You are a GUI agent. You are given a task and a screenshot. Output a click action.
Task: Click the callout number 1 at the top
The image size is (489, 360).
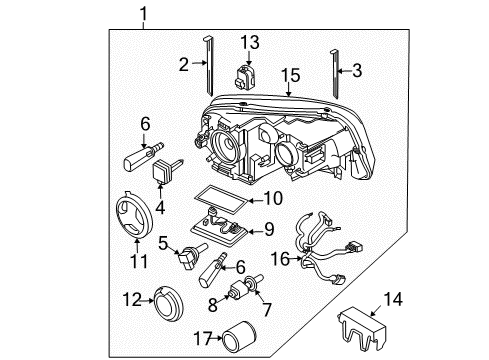coord(144,14)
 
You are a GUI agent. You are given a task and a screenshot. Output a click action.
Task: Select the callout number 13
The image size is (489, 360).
coord(250,43)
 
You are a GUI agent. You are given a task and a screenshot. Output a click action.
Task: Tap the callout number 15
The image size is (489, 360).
coord(291,75)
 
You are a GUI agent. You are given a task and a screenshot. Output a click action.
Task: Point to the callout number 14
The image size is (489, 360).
coord(393,299)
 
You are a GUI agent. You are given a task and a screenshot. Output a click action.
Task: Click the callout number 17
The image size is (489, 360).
coord(203,339)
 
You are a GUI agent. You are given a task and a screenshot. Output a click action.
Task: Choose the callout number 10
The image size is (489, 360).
coord(273,198)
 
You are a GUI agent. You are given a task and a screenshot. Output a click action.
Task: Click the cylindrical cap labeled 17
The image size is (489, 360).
coord(239,337)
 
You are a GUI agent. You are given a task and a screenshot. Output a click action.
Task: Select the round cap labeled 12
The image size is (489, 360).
coord(169,304)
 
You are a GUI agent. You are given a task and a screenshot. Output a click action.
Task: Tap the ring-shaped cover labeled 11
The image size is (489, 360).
coord(134,215)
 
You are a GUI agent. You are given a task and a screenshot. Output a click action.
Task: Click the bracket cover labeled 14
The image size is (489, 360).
coord(362,329)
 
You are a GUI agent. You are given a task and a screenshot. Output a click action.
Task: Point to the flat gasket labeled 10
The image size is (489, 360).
coord(222,200)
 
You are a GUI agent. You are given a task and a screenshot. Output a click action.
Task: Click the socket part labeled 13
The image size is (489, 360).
coord(246,77)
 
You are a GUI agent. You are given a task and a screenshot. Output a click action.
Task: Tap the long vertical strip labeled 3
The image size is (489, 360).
coord(335,74)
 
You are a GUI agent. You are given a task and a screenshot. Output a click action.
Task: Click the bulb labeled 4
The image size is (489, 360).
coord(167,170)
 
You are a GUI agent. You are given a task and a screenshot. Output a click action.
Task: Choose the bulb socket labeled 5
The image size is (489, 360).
coord(192,255)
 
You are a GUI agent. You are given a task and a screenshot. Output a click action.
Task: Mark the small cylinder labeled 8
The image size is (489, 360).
coord(238,289)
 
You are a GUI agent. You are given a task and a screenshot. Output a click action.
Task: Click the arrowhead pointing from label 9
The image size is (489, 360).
coord(250,231)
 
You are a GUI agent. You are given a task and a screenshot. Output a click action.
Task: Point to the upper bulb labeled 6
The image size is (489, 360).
coord(143,156)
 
